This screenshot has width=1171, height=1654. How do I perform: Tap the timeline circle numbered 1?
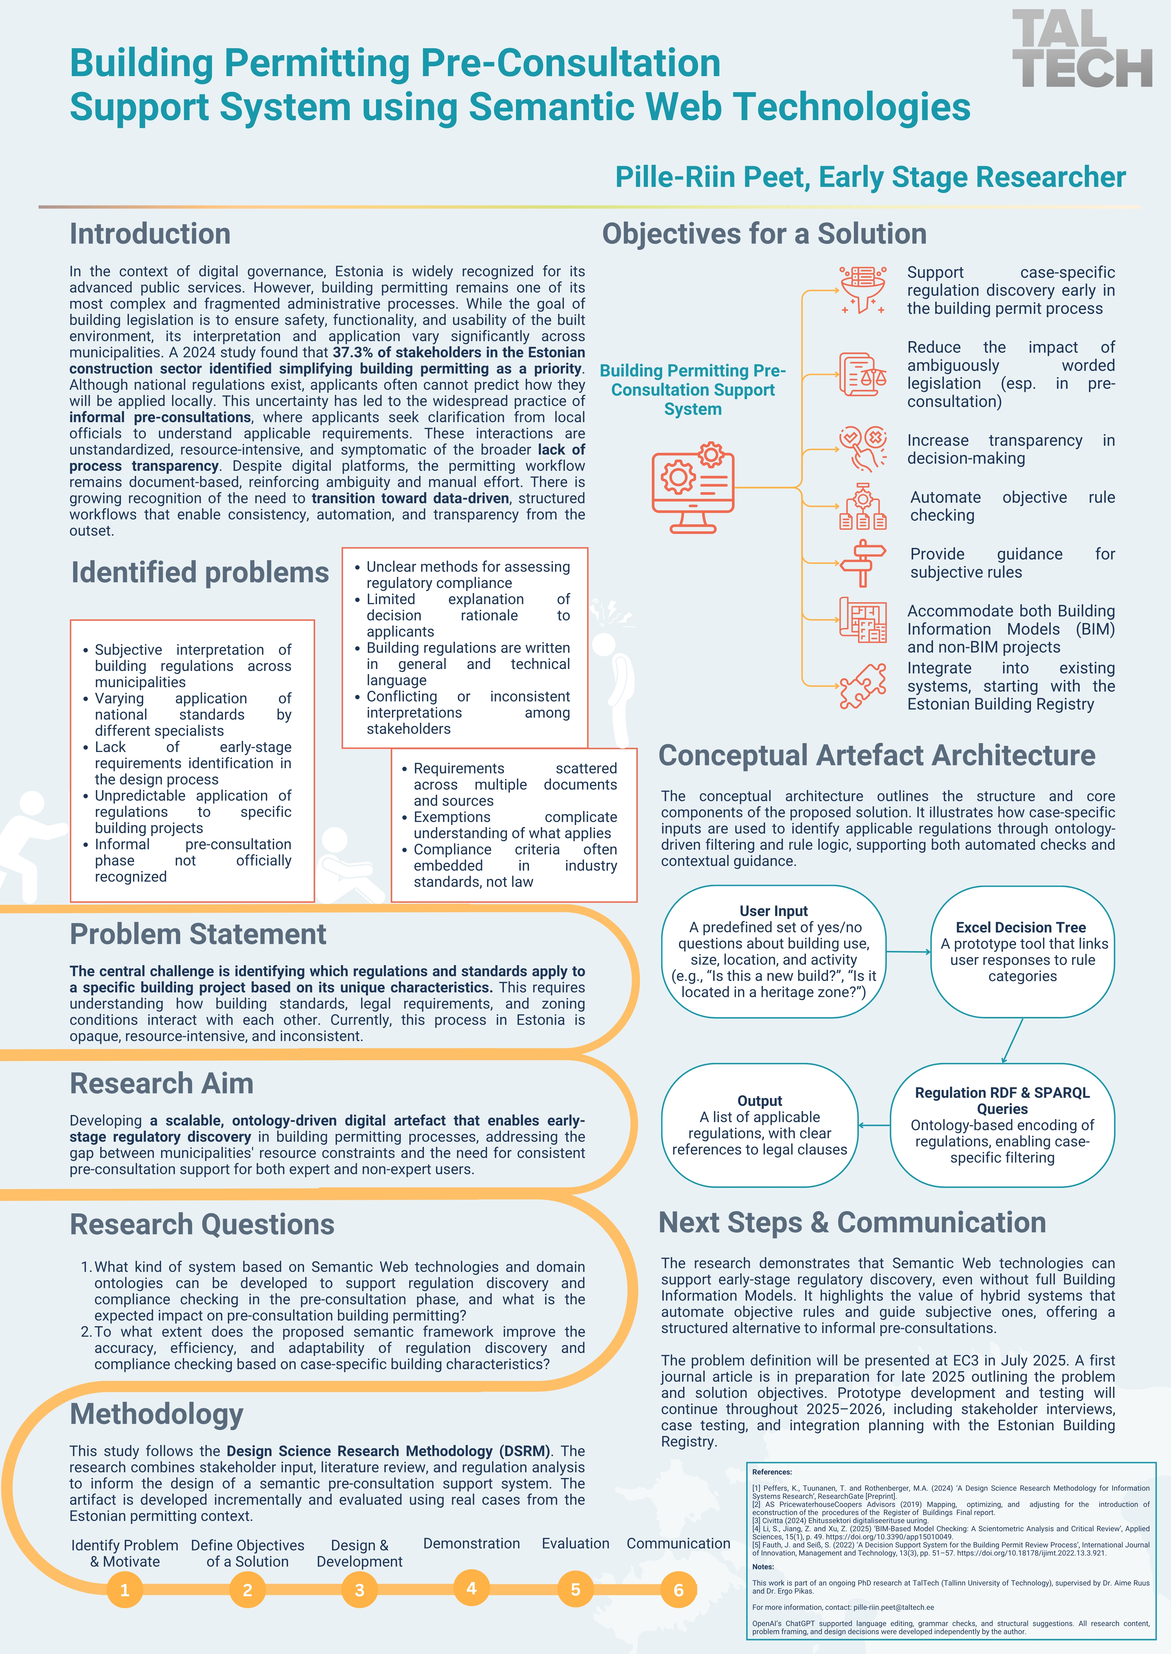pos(125,1590)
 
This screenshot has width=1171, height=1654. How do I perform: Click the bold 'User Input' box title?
pos(774,911)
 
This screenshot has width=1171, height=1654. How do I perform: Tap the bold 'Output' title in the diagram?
pos(759,1100)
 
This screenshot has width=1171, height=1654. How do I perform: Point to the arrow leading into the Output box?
pos(874,1125)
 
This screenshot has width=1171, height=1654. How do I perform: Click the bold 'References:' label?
pos(771,1472)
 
